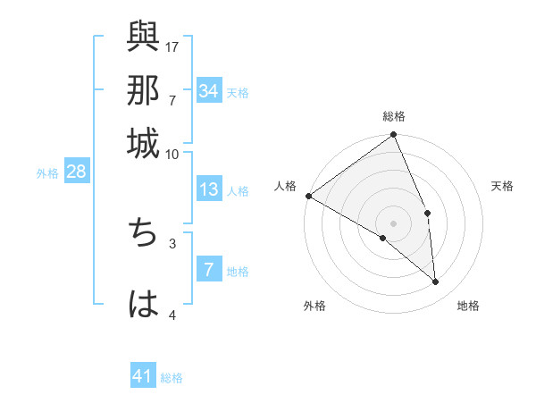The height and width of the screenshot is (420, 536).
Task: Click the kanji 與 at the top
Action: (x=143, y=38)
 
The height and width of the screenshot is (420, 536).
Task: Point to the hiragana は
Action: (x=143, y=304)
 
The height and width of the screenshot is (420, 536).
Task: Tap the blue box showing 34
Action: (x=209, y=91)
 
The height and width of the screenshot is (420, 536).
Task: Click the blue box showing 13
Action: (x=209, y=189)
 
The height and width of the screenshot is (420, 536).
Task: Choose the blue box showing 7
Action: (x=209, y=271)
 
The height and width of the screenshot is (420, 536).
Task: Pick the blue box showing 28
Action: (x=76, y=172)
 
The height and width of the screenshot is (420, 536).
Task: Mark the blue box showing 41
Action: (x=143, y=377)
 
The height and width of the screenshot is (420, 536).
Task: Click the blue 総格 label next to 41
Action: (x=172, y=378)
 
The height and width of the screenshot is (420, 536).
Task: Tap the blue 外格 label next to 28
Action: (x=47, y=173)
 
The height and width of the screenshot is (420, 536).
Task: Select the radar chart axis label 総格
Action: (x=394, y=116)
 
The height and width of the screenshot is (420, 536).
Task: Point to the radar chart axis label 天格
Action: (x=503, y=186)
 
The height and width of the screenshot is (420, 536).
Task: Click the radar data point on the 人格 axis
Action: (x=308, y=196)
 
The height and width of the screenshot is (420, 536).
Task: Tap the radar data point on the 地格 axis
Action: (x=435, y=281)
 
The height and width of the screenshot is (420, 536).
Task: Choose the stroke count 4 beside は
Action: (x=172, y=315)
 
